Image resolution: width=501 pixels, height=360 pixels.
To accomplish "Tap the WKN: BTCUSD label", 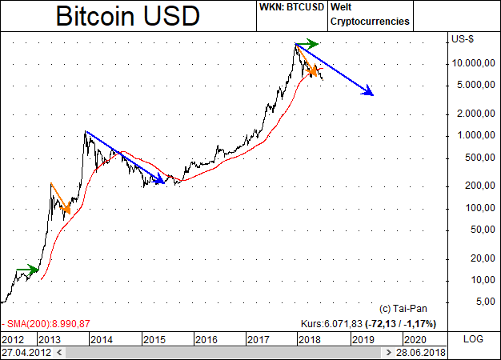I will pos(289,6).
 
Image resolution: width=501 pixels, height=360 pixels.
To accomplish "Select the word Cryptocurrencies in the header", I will pos(371,22).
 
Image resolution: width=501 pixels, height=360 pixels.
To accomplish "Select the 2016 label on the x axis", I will pos(206,339).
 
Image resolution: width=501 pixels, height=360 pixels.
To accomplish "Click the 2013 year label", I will pos(50,339).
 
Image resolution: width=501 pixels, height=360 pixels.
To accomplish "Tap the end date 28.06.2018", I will pos(423,351).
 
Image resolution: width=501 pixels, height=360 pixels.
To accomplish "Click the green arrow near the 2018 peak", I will pos(307,43).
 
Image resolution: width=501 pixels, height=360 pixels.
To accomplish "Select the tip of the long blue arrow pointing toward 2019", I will pos(373,94).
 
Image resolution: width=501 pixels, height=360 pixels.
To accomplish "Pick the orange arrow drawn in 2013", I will pos(60,198).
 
